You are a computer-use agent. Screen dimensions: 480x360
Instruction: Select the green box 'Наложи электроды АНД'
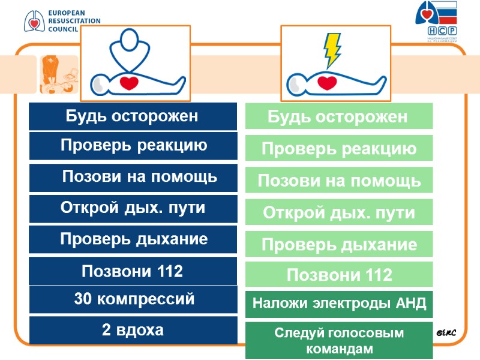(339, 304)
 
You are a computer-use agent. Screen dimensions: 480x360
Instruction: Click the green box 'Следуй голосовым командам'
(339, 340)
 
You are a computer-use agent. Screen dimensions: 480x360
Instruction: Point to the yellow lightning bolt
(332, 50)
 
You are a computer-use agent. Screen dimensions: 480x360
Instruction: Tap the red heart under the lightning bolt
(326, 83)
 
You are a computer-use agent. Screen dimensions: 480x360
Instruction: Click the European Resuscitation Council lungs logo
(34, 20)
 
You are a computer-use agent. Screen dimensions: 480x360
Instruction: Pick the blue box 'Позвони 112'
(133, 271)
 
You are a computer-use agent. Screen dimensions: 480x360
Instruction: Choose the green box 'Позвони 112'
(339, 275)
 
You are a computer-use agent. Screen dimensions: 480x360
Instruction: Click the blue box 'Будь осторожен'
(133, 116)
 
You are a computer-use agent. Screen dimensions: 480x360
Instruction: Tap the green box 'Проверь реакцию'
(339, 149)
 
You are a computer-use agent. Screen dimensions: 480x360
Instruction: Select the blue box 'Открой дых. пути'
(133, 208)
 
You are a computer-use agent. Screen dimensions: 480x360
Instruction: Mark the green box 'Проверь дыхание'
(339, 245)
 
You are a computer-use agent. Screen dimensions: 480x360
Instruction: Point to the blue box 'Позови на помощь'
(133, 177)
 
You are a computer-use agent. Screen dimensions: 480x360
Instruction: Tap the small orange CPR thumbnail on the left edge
(59, 75)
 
